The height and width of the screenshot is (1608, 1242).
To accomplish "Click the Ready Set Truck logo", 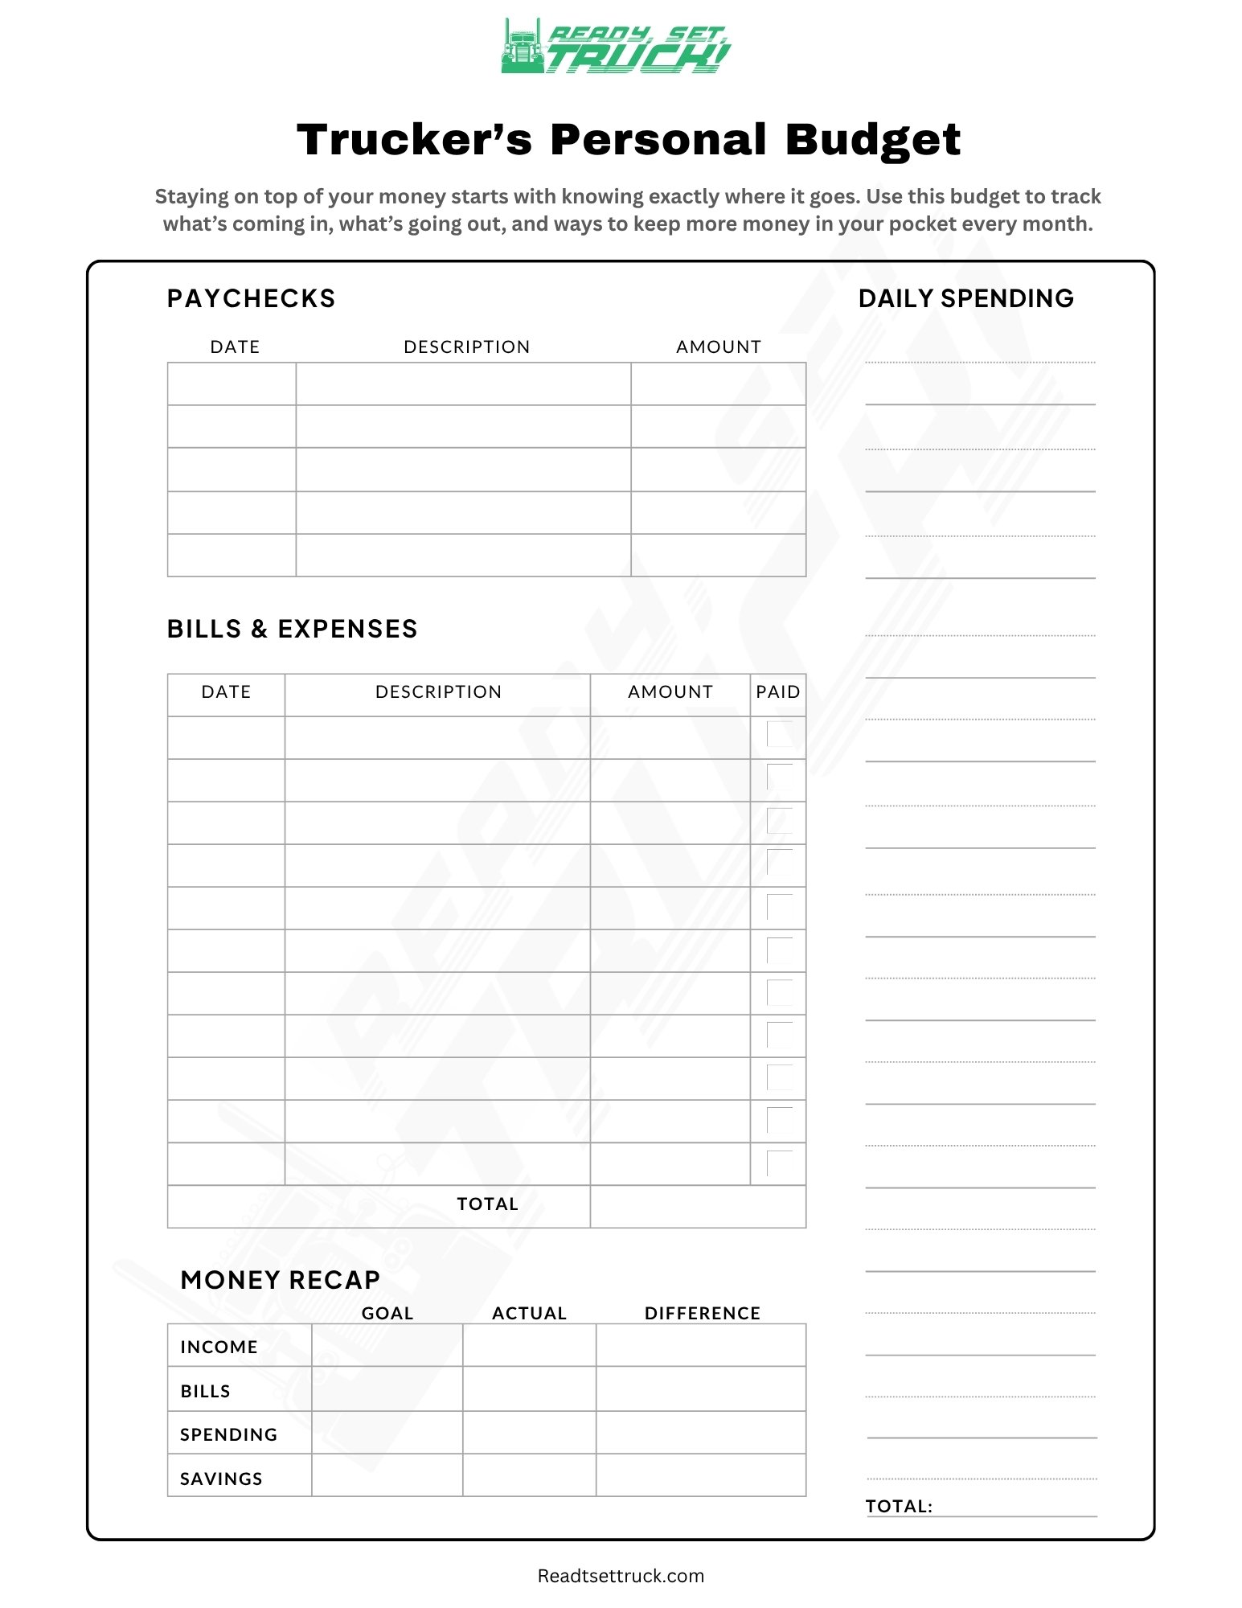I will (616, 47).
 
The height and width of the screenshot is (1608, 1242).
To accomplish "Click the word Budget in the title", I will (872, 140).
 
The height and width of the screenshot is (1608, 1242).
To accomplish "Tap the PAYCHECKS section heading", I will (251, 298).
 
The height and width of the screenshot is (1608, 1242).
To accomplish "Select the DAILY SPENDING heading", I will (965, 298).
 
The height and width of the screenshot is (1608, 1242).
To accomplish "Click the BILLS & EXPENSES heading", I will (292, 629).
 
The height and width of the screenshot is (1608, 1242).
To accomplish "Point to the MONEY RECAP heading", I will (280, 1280).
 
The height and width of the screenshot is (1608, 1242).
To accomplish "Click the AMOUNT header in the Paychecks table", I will (718, 347).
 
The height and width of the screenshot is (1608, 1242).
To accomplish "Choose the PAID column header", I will (777, 691).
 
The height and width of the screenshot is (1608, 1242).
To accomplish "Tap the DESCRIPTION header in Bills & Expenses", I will (438, 691).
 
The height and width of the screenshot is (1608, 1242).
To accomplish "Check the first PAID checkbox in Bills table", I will (780, 734).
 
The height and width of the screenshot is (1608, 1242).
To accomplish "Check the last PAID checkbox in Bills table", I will (780, 1163).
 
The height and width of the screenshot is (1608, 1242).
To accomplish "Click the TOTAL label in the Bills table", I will (487, 1204).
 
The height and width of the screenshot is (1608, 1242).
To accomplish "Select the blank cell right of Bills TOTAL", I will (698, 1206).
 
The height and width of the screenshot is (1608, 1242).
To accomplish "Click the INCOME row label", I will (219, 1347).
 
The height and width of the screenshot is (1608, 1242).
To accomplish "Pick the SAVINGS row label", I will (221, 1479).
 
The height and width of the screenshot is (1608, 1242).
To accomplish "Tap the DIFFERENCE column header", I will (702, 1313).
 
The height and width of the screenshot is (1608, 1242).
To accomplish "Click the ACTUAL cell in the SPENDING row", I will (529, 1433).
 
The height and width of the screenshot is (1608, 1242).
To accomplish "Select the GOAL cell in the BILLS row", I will (387, 1389).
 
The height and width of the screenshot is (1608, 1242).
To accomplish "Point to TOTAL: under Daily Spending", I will (899, 1506).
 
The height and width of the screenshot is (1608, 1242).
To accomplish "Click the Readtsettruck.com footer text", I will (621, 1576).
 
